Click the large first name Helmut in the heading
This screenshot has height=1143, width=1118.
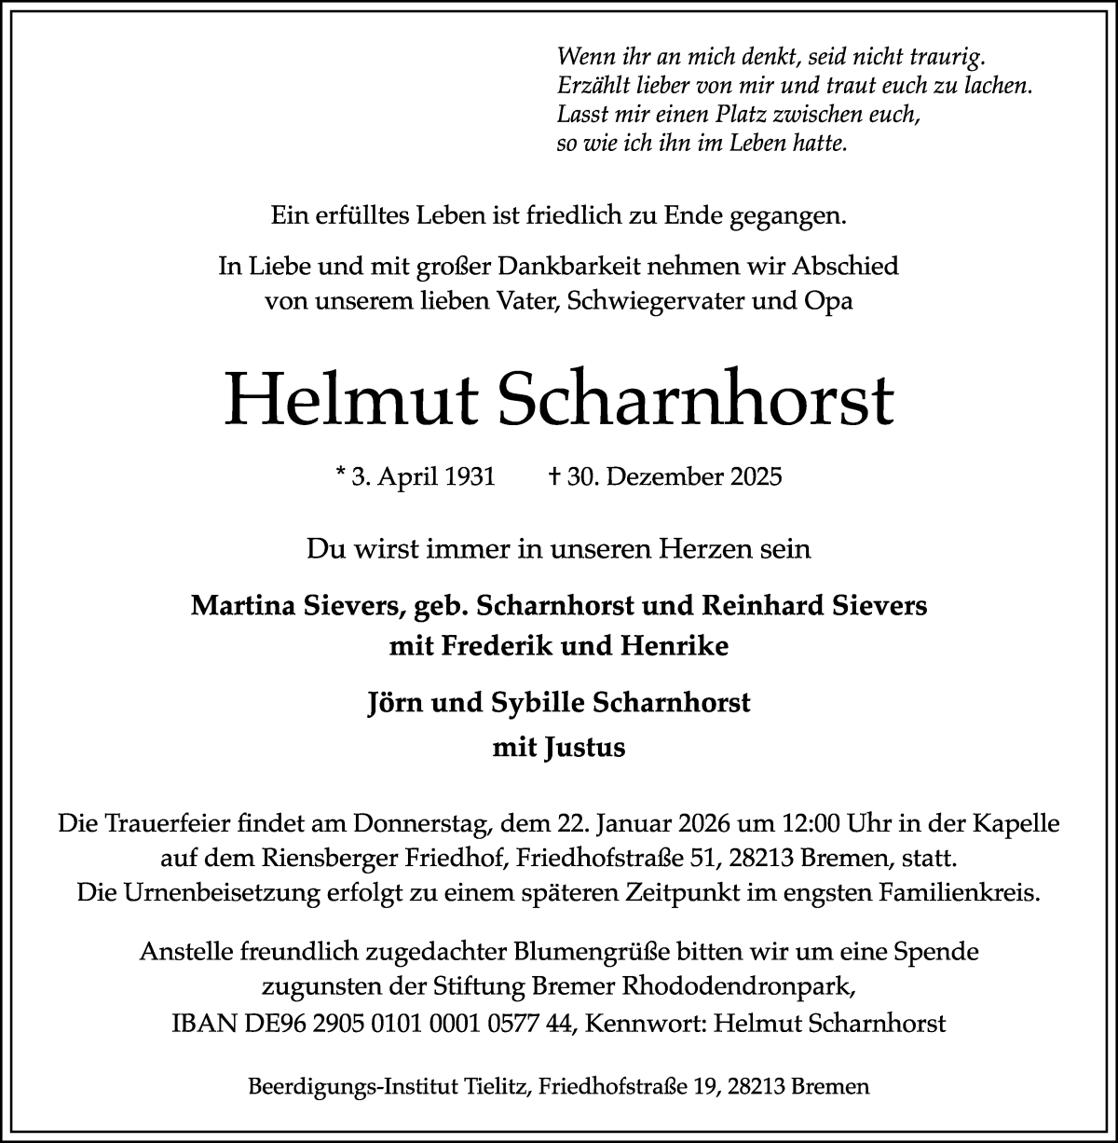[x=350, y=399]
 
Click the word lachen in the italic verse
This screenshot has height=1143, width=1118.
[x=1000, y=87]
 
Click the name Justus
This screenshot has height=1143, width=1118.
[x=585, y=748]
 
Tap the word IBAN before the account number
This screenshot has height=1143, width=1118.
[x=200, y=1023]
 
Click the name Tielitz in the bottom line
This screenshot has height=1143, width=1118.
[x=494, y=1086]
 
